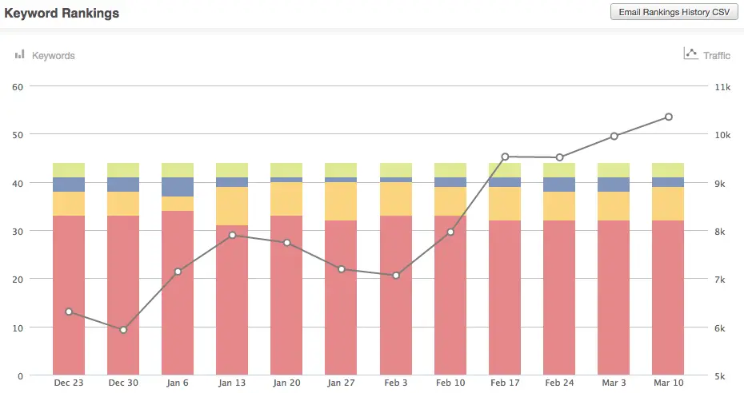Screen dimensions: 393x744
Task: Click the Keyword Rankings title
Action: [x=62, y=14]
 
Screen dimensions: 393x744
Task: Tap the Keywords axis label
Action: [x=53, y=56]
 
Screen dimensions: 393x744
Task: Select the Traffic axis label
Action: [x=717, y=56]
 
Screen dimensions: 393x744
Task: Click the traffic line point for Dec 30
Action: [x=123, y=330]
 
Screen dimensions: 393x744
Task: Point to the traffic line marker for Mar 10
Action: [x=668, y=117]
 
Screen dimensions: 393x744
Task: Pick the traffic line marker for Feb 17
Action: [x=505, y=157]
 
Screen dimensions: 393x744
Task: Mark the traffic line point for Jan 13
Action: [x=232, y=235]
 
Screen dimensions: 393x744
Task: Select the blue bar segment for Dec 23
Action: [x=69, y=185]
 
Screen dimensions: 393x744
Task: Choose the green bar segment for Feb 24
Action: [x=559, y=170]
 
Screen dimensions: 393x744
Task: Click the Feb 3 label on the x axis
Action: [x=395, y=383]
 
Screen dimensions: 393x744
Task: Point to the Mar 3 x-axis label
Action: [x=614, y=383]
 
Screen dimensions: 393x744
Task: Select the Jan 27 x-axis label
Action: [x=341, y=383]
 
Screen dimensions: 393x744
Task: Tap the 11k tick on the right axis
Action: [x=722, y=86]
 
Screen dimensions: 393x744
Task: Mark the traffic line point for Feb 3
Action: [x=395, y=276]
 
